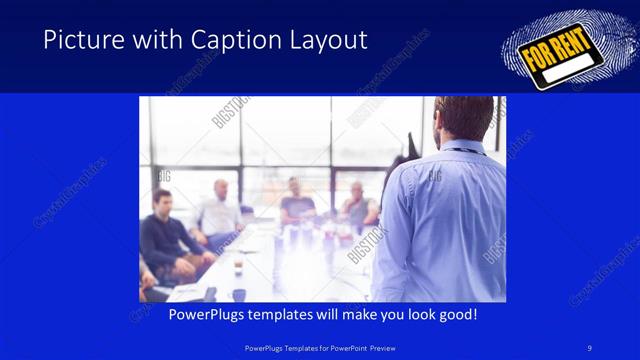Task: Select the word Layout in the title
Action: (x=325, y=40)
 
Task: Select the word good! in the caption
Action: (x=455, y=314)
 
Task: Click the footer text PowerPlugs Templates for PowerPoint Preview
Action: (x=319, y=349)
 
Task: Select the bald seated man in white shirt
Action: (x=219, y=211)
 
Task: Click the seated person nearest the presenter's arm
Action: (x=357, y=205)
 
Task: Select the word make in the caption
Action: (x=357, y=314)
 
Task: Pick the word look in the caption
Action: (x=416, y=314)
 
